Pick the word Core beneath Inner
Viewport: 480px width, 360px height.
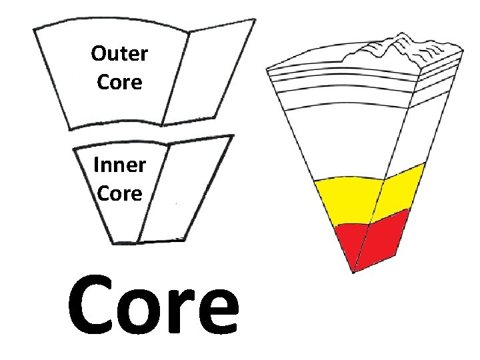pos(119,193)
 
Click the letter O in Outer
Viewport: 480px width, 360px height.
pos(99,54)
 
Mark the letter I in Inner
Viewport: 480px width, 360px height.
pos(97,165)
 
